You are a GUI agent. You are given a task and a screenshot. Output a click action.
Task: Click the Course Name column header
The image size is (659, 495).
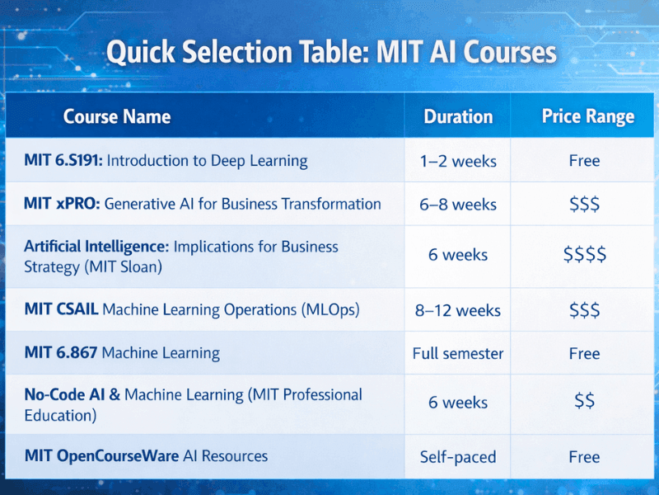(117, 116)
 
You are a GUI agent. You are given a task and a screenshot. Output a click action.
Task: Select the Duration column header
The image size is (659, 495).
(458, 116)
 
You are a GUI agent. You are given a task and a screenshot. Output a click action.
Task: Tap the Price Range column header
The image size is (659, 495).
(588, 116)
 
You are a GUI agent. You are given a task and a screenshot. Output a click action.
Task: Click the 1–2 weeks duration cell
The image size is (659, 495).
(458, 161)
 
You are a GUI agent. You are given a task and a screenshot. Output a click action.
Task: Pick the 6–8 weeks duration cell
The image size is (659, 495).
(458, 205)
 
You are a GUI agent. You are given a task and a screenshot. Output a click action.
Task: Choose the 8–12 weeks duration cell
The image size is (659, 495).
(458, 310)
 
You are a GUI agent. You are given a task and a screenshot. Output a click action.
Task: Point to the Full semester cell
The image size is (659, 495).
(458, 354)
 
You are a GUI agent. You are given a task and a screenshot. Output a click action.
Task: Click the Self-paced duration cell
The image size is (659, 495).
(458, 457)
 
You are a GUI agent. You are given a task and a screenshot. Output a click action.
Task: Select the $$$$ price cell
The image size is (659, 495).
(585, 255)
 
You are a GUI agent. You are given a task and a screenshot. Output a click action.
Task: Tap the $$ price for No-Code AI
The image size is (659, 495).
(585, 403)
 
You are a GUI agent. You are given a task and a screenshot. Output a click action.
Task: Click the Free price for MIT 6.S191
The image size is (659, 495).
(584, 161)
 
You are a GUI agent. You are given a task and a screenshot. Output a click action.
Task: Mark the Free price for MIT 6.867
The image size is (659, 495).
(584, 354)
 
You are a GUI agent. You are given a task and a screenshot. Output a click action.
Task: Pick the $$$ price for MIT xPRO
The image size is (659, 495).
(584, 205)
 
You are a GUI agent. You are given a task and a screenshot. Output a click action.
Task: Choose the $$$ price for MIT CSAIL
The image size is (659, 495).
(584, 310)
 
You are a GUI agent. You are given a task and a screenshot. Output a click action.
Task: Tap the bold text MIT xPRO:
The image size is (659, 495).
(62, 204)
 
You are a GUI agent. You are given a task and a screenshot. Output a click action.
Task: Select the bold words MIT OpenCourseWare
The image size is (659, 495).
(101, 455)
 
